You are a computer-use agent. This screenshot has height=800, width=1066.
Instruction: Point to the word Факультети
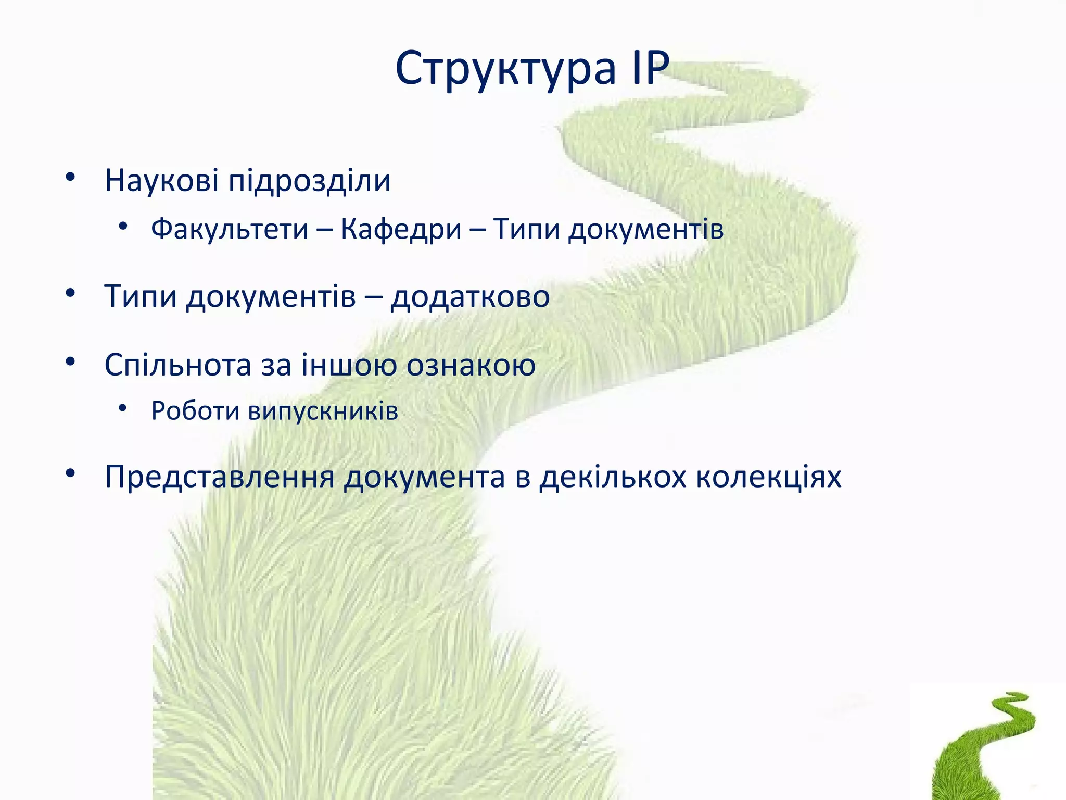click(230, 229)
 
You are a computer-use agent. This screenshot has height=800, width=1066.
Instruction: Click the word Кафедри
click(401, 229)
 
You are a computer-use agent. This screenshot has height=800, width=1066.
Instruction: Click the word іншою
click(349, 365)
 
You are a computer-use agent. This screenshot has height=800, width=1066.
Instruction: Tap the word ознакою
click(471, 365)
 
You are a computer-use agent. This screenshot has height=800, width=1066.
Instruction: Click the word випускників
click(323, 411)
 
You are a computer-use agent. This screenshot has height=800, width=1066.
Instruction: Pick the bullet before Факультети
click(122, 227)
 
